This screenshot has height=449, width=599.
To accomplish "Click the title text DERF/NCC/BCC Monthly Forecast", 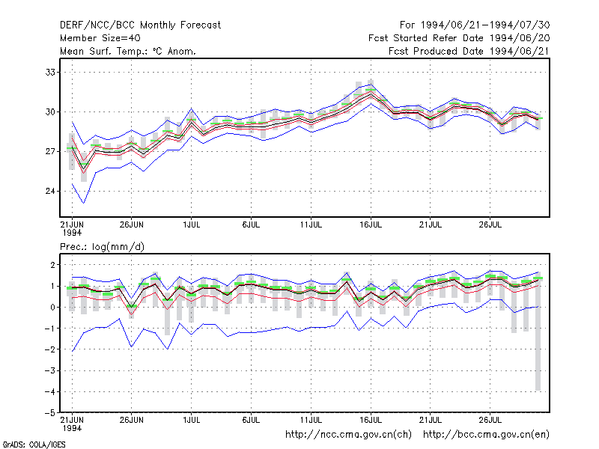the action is [x=140, y=25].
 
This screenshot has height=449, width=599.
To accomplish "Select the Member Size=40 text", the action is [x=100, y=38].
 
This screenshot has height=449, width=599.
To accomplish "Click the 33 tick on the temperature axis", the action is [x=50, y=72].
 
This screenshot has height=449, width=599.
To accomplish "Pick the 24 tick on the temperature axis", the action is [x=50, y=191].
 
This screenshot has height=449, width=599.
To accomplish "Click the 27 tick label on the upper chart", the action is [x=50, y=152].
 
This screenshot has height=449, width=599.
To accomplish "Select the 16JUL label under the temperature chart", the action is [x=371, y=225].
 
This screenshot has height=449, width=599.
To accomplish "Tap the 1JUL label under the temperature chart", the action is [x=192, y=225].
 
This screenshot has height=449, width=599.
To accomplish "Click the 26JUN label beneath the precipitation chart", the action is [x=132, y=420].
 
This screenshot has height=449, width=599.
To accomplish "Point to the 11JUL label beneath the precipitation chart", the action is [x=311, y=420].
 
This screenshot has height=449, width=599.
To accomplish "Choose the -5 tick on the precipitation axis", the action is [x=49, y=413].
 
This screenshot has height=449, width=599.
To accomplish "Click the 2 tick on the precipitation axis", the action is [x=52, y=265].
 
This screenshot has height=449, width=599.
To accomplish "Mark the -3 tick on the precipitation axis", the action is [x=49, y=370].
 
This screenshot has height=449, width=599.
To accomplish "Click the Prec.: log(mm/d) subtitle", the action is [x=102, y=247].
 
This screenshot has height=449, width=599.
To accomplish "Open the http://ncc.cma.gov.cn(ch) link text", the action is [x=348, y=435].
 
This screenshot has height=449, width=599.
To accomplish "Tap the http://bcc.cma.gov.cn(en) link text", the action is [x=486, y=435].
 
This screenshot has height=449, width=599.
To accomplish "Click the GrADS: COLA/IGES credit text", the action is [x=34, y=445].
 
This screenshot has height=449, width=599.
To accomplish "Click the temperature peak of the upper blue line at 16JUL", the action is [x=371, y=85].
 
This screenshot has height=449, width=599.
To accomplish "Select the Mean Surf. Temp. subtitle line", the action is [x=128, y=52].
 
